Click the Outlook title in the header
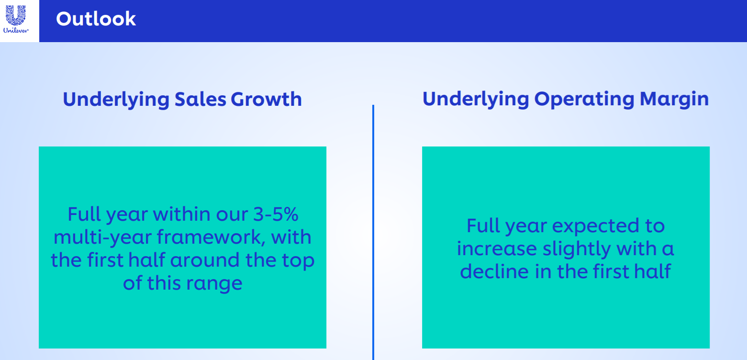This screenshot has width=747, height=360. [x=96, y=19]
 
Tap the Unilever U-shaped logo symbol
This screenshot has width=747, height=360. [x=16, y=15]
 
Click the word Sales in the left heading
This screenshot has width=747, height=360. [x=201, y=99]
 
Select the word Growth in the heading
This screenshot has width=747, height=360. [x=266, y=99]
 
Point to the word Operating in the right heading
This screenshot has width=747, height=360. [x=584, y=99]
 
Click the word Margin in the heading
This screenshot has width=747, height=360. [x=674, y=99]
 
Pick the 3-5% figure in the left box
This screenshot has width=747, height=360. [x=276, y=214]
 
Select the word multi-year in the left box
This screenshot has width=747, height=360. [x=103, y=237]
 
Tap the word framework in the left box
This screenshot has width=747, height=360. [x=211, y=237]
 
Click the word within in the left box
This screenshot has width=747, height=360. [x=182, y=214]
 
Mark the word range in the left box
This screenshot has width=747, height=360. [x=214, y=283]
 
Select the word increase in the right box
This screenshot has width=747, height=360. [x=497, y=248]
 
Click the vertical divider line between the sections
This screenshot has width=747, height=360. [x=373, y=232]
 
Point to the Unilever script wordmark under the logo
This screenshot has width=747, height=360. [x=16, y=30]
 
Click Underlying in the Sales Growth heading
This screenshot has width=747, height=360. [x=116, y=100]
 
